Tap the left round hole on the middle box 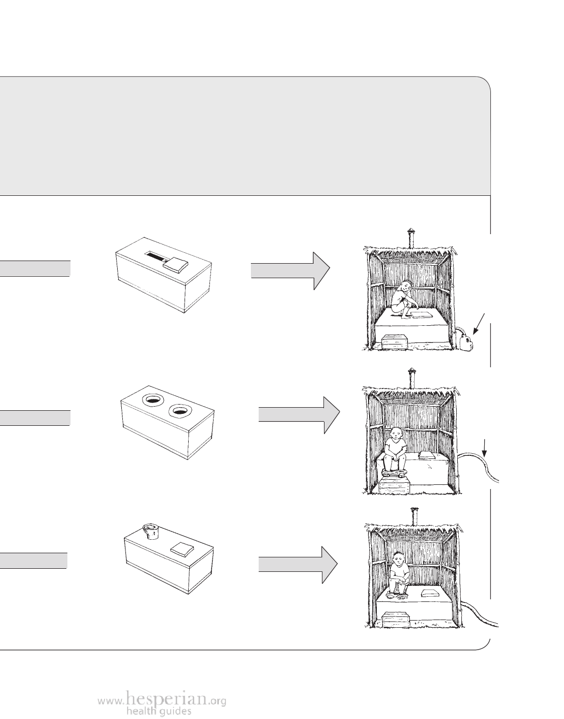(153, 399)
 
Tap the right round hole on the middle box (179, 411)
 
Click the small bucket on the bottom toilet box (150, 531)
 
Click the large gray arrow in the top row (290, 270)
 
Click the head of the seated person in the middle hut (396, 432)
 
